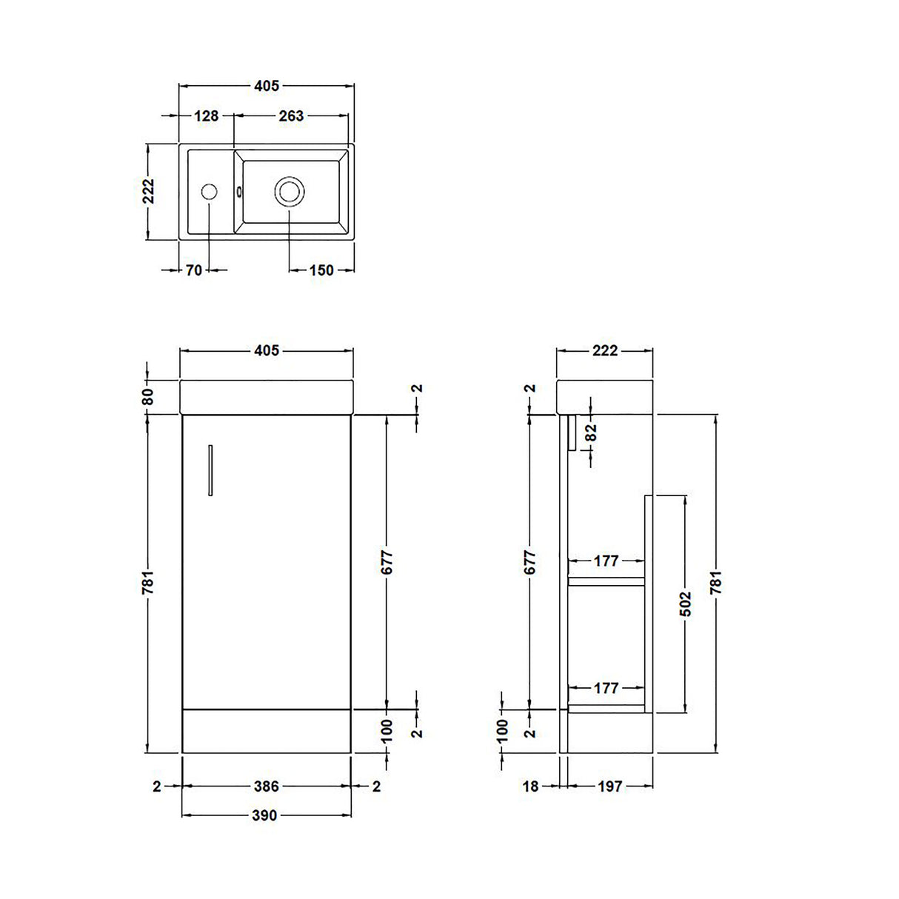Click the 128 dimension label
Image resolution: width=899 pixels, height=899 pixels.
pos(206,116)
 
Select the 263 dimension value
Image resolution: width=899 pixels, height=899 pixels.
pos(291,116)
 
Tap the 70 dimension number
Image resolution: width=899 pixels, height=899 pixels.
pos(194,270)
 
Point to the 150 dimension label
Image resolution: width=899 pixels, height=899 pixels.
pos(321,270)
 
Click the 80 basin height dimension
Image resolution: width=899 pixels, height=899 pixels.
pos(147,396)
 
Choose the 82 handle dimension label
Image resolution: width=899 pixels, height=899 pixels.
pos(591,432)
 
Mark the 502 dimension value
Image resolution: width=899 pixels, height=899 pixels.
pos(686,604)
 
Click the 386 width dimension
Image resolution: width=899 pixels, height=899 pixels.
pos(267,786)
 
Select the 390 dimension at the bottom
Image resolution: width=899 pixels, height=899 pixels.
pos(264,815)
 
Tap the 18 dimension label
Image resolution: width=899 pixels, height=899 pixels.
pos(530,786)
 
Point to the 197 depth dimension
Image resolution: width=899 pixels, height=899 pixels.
pos(609,786)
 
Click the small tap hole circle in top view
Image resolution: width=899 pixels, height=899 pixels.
pos(209,192)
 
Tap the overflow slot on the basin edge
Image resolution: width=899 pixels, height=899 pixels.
pos(239,192)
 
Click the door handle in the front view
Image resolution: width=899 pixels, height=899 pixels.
pos(210,469)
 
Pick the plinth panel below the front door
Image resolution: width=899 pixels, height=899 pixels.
pos(267,731)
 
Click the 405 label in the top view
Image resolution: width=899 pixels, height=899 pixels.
pos(267,86)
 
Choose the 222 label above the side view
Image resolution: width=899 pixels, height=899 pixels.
pos(605,350)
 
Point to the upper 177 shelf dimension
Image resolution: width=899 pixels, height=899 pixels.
pos(606,561)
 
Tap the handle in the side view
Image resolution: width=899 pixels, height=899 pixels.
pos(572,432)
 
